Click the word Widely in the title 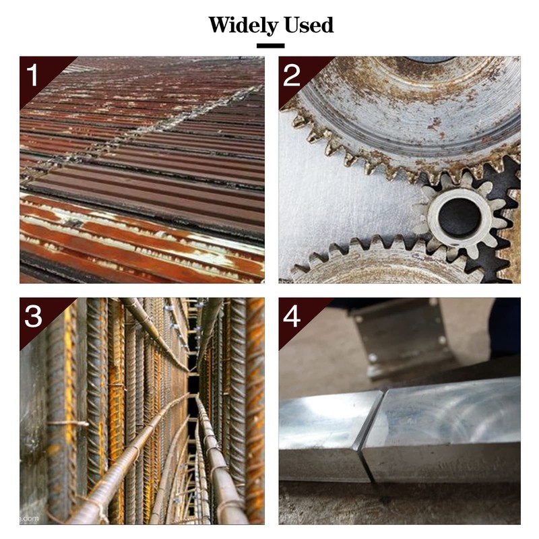[x=243, y=26]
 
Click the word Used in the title [x=309, y=25]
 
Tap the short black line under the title [x=271, y=46]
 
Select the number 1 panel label [x=32, y=75]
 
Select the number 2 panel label [x=292, y=75]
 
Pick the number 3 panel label [x=33, y=316]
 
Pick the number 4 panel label [x=292, y=316]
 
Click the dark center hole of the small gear [x=459, y=217]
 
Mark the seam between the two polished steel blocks [x=373, y=437]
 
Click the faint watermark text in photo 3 [x=30, y=518]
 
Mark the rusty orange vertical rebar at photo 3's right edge [x=255, y=409]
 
